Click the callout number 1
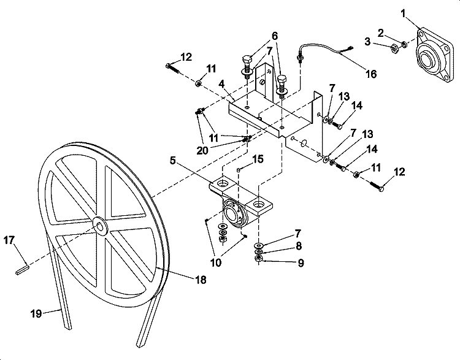coord(404,13)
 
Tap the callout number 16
coord(371,74)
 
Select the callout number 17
coord(9,240)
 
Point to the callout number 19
coord(36,313)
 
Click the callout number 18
coord(201,280)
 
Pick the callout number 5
coord(172,161)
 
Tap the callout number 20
coord(202,150)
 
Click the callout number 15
coord(258,159)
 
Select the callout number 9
coord(301,262)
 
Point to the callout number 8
coord(299,246)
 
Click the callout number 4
coord(221,84)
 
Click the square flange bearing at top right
coord(434,56)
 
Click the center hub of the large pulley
coord(100,225)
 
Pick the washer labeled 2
coord(404,44)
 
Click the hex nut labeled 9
coord(258,258)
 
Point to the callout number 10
coord(216,262)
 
